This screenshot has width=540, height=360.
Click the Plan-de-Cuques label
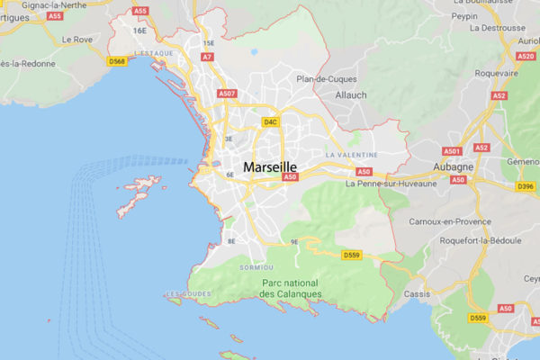tap(327, 78)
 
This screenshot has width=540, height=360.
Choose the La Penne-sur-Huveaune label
tap(391, 184)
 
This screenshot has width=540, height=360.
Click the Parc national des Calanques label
tap(291, 288)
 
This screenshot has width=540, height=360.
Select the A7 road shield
tap(207, 57)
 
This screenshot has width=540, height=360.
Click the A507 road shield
tap(227, 94)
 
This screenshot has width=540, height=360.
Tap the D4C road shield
tap(270, 121)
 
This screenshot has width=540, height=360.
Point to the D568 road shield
tap(116, 61)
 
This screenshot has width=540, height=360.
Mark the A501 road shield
tap(452, 151)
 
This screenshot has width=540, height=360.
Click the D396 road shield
tap(526, 187)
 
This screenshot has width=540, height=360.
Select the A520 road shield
tap(526, 56)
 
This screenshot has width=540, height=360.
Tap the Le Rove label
tap(77, 40)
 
